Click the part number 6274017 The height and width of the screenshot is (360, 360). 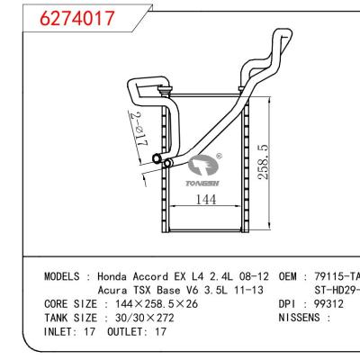tap(65, 17)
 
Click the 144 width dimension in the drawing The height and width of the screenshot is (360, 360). tap(206, 200)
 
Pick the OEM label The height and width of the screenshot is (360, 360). tap(291, 276)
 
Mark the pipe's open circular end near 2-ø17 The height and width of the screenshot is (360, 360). tap(157, 161)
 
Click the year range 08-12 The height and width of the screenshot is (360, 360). tap(255, 276)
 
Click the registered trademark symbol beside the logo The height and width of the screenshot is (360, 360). tap(219, 154)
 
